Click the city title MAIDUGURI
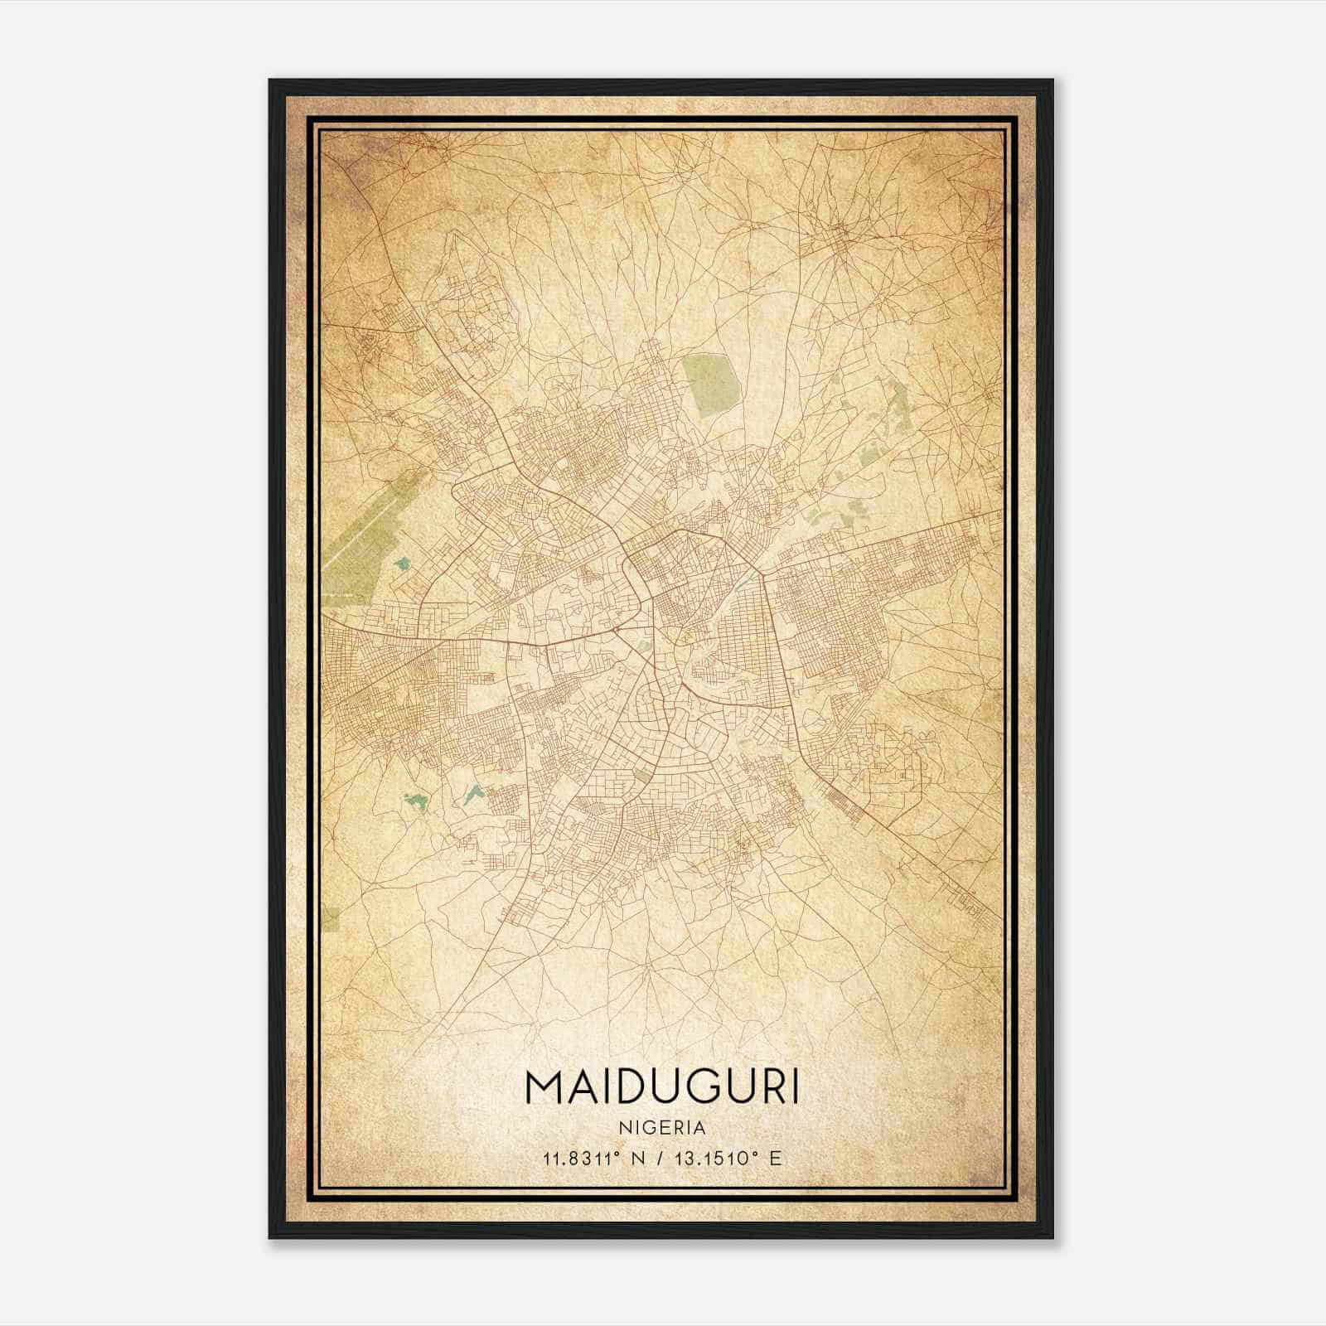[662, 1086]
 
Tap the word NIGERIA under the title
[662, 1128]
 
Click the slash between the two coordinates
[661, 1158]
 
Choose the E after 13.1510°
[775, 1158]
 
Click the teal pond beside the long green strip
[403, 564]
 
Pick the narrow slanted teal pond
[472, 795]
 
